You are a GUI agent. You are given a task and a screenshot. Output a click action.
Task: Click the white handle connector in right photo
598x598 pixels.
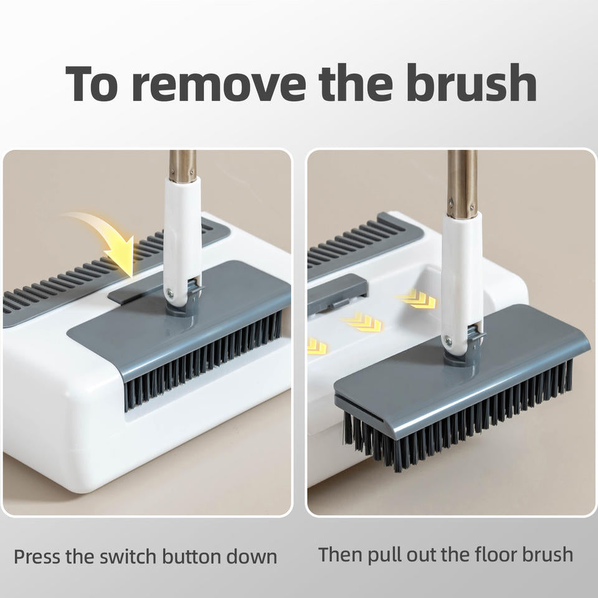click(462, 274)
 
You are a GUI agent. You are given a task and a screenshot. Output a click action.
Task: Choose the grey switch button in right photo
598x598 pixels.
click(336, 293)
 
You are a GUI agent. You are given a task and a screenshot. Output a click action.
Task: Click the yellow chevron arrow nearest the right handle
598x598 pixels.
click(416, 300)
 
